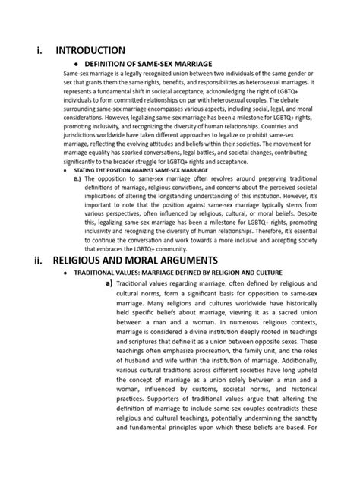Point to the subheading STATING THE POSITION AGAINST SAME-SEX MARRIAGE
pos(135,171)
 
